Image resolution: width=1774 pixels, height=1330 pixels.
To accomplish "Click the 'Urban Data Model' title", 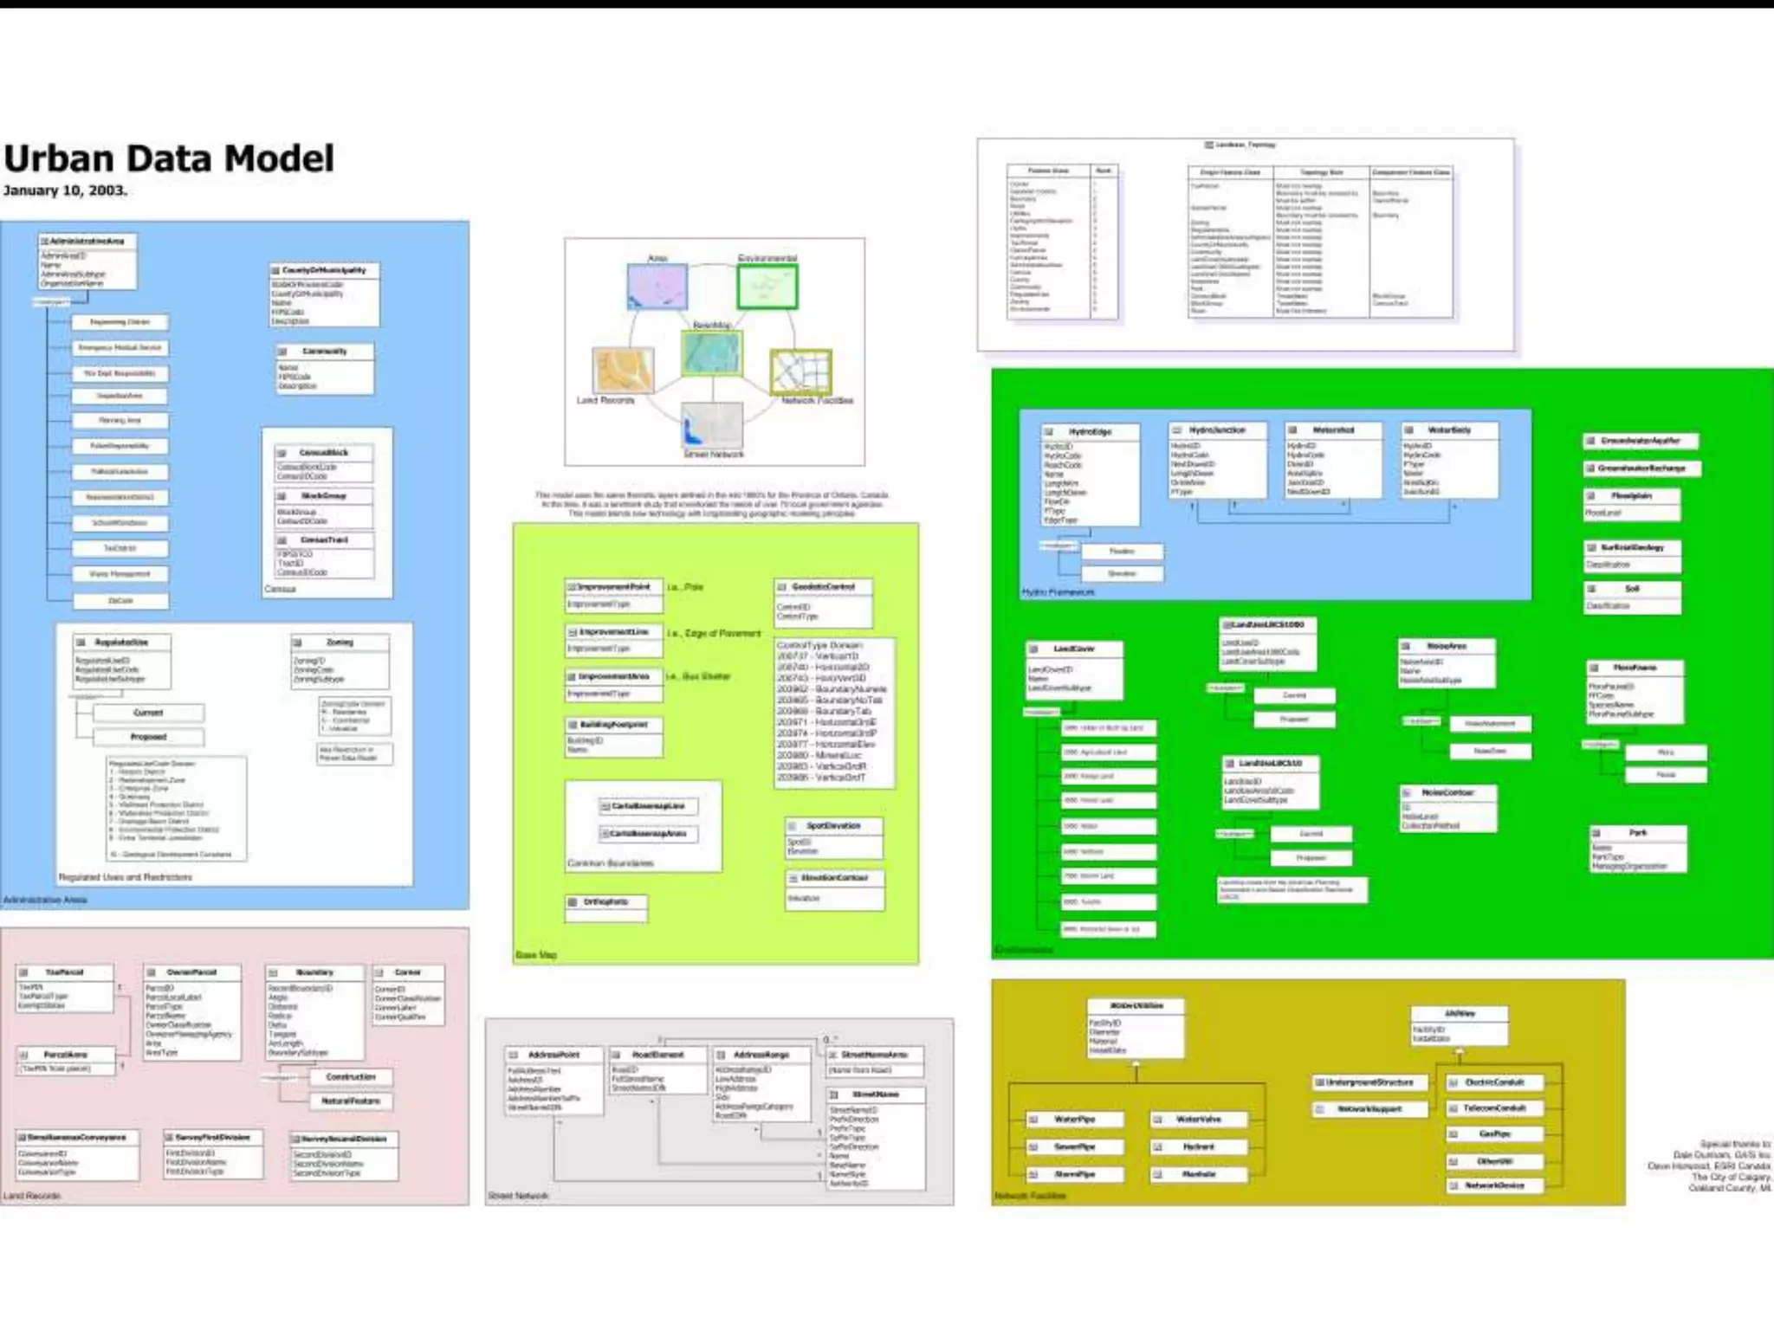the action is (x=169, y=159).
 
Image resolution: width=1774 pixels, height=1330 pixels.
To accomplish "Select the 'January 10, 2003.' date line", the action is (x=65, y=190).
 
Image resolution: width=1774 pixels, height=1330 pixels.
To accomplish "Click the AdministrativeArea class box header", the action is (x=87, y=241).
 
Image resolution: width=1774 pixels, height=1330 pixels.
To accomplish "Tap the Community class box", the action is (x=325, y=367).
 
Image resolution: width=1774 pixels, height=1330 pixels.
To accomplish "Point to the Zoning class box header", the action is (x=340, y=642).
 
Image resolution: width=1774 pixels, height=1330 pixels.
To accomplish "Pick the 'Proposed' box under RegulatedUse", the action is (x=148, y=737).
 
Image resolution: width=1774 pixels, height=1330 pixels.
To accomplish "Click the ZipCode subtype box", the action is (x=120, y=600).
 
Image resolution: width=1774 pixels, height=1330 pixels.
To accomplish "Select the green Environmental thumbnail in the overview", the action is (x=767, y=287).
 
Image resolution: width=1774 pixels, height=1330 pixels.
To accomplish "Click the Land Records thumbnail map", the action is (x=623, y=370).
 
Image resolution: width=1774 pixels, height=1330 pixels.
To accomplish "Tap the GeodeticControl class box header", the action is (x=823, y=587).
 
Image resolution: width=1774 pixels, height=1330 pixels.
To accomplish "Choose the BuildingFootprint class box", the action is (x=613, y=735).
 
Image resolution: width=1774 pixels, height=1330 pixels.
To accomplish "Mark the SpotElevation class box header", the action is (x=833, y=826).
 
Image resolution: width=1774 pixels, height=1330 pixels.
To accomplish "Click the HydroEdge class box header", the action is (x=1090, y=431).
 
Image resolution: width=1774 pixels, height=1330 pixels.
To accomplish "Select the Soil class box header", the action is (x=1632, y=589).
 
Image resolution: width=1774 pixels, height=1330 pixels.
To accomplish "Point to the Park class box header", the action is (x=1638, y=833).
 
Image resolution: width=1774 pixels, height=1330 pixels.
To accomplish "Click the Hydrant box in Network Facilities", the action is (x=1199, y=1146).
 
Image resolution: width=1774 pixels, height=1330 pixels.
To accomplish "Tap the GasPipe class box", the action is (x=1494, y=1133).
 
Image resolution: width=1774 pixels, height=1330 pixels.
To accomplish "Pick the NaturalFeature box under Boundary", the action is (x=351, y=1101).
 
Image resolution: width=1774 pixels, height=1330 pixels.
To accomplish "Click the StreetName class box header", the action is (x=876, y=1094).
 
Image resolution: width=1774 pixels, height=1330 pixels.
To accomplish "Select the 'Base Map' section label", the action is (x=536, y=955).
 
